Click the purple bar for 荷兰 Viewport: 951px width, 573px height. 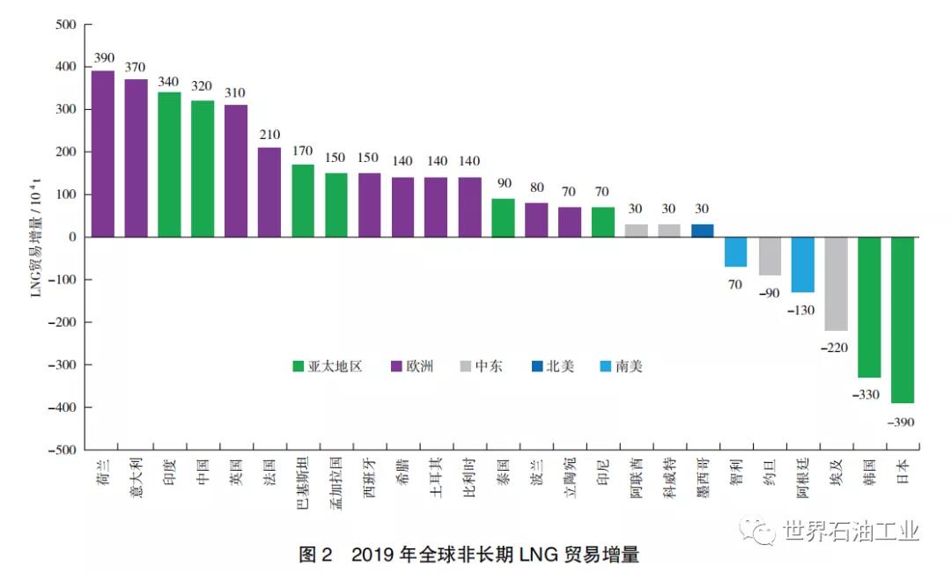103,154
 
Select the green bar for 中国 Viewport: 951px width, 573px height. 203,169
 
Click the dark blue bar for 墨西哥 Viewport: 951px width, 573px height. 703,231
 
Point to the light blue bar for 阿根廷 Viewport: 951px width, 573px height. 802,264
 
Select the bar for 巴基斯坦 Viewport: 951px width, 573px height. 303,201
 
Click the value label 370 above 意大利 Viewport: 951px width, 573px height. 136,67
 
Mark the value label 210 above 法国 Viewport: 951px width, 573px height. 269,135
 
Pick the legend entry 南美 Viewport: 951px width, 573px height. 620,366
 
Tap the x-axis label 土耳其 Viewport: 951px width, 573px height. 436,478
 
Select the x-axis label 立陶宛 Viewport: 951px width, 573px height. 570,478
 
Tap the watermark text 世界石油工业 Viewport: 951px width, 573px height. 850,532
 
